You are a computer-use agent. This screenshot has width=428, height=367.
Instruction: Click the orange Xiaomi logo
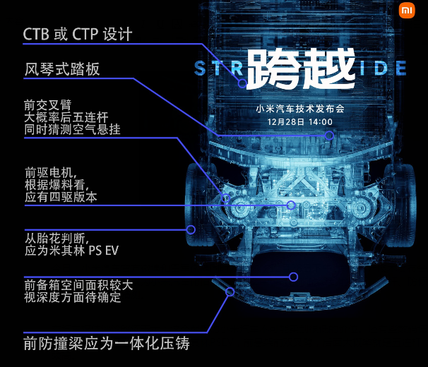pyautogui.click(x=408, y=11)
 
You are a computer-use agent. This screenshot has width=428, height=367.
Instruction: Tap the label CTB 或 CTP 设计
pyautogui.click(x=78, y=34)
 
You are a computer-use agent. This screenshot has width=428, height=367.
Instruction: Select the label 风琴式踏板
pyautogui.click(x=61, y=69)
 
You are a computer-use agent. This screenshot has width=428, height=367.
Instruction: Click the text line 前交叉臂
pyautogui.click(x=47, y=104)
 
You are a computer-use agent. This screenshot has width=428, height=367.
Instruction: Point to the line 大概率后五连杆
pyautogui.click(x=66, y=116)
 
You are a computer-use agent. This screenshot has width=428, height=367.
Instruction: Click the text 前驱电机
pyautogui.click(x=49, y=173)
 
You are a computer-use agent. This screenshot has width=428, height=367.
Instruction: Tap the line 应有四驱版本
pyautogui.click(x=60, y=198)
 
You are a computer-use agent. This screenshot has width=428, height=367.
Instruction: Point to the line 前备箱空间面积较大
pyautogui.click(x=78, y=286)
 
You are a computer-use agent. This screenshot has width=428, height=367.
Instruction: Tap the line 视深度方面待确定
pyautogui.click(x=73, y=298)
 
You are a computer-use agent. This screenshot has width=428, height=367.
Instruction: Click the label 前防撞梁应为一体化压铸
pyautogui.click(x=107, y=344)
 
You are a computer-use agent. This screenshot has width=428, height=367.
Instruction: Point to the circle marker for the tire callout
pyautogui.click(x=191, y=229)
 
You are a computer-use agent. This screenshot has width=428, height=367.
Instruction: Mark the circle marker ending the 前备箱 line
pyautogui.click(x=293, y=277)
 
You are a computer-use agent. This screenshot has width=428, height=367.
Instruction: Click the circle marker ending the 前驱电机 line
pyautogui.click(x=290, y=205)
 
